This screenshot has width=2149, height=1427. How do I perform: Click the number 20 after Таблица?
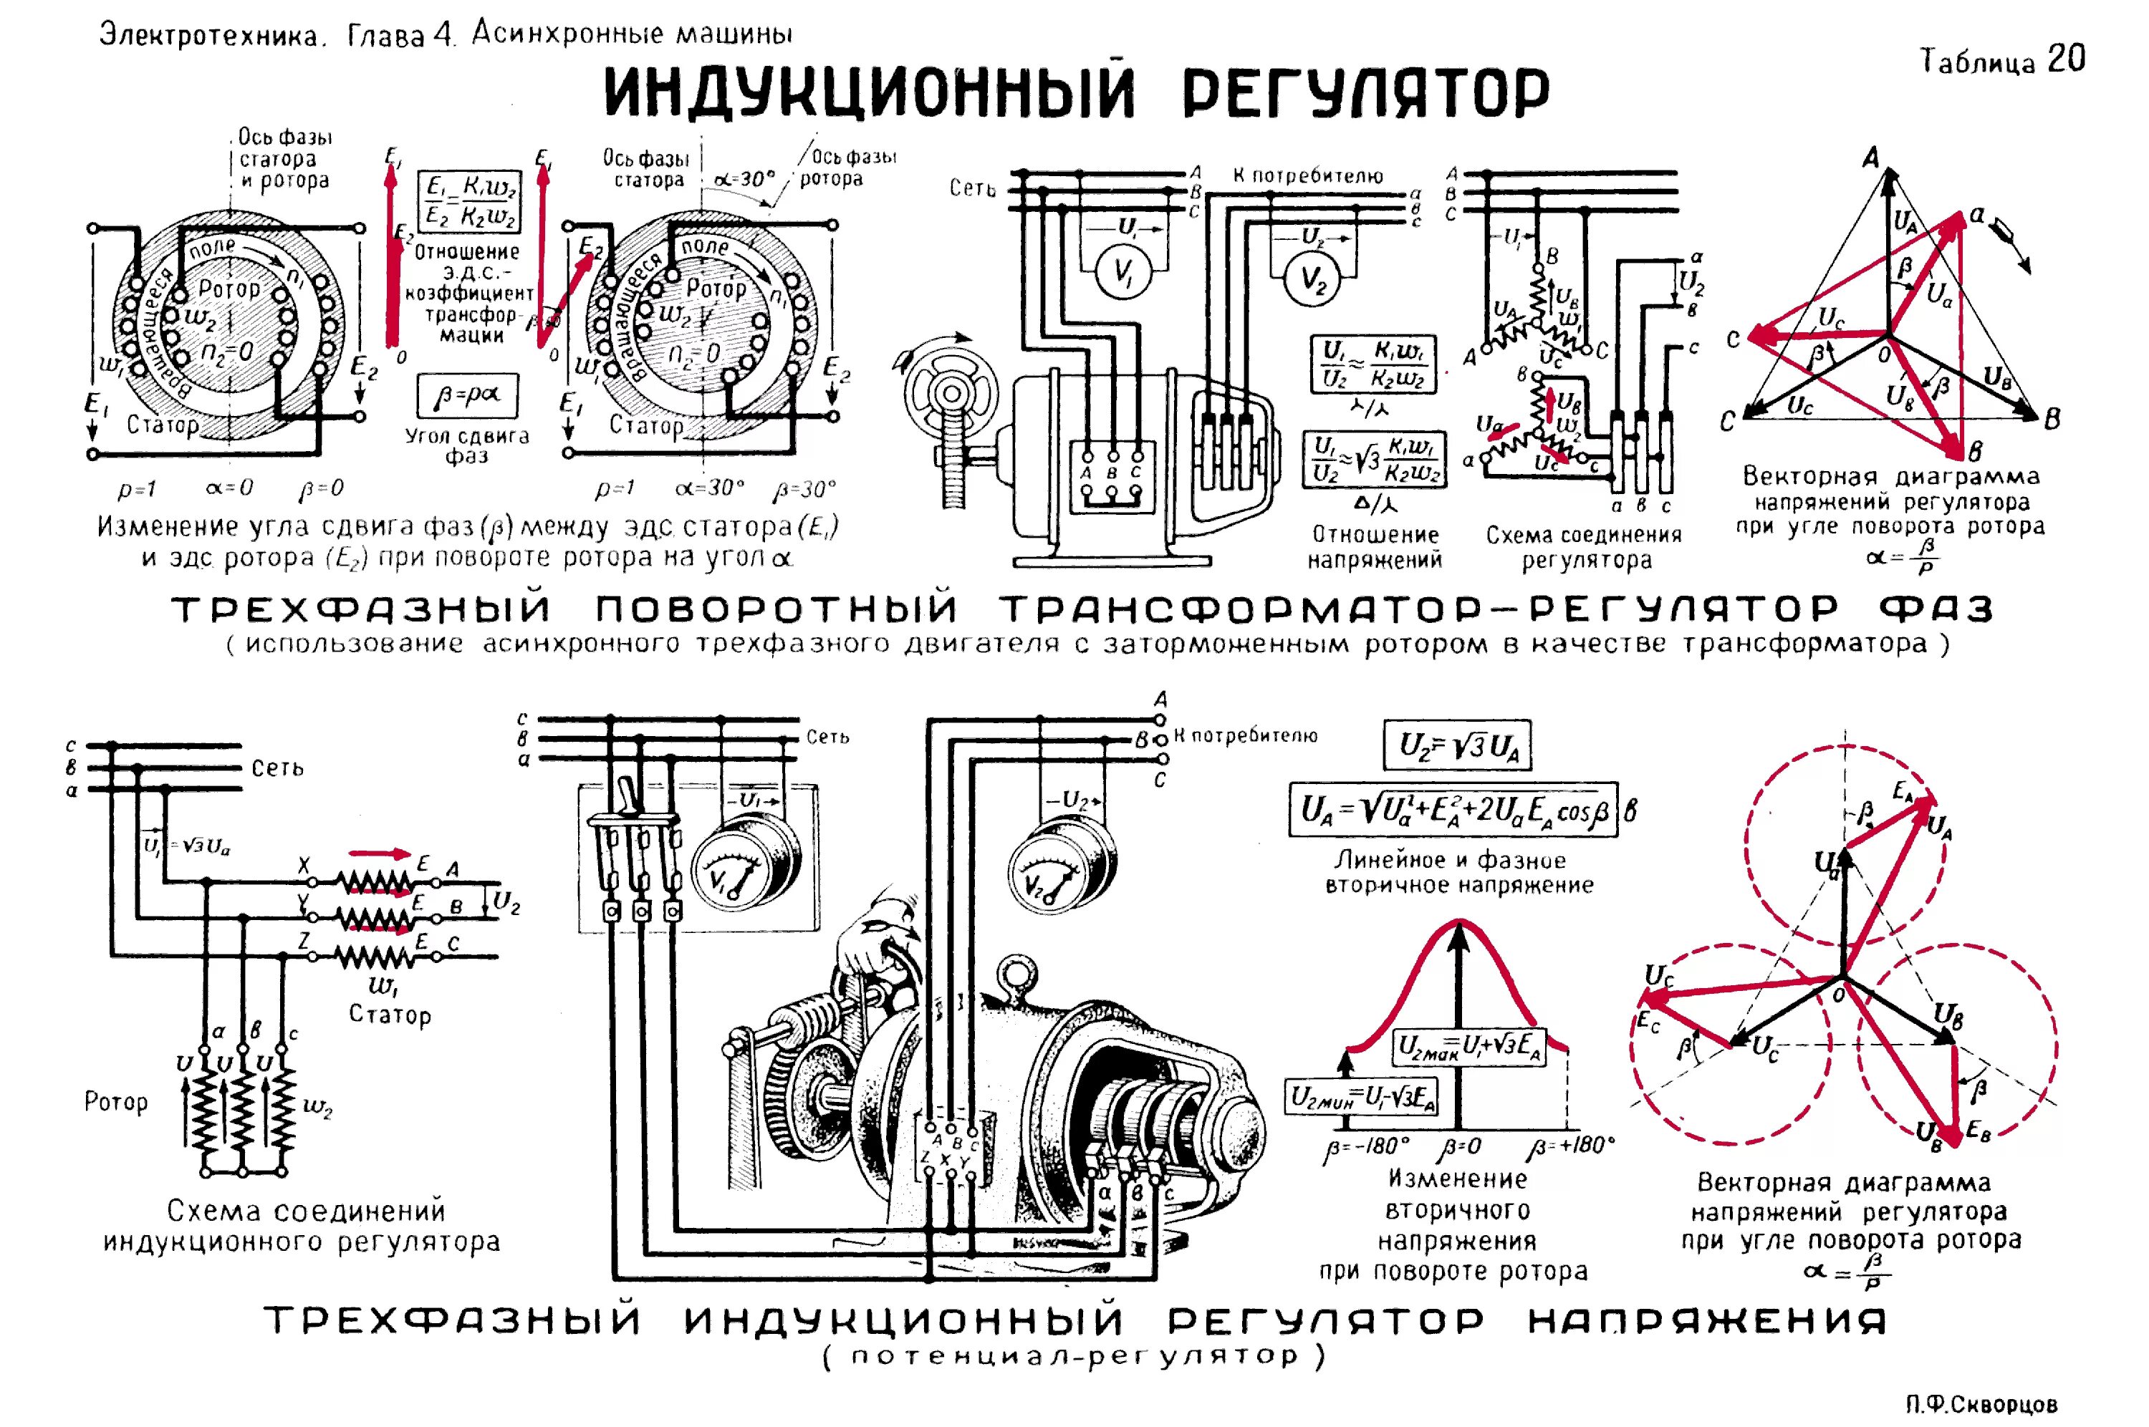pyautogui.click(x=2066, y=59)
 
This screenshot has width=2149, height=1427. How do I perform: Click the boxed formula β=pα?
pyautogui.click(x=467, y=397)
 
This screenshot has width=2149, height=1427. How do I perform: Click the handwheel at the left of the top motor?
pyautogui.click(x=949, y=393)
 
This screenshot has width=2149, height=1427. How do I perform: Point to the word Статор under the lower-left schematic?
pyautogui.click(x=390, y=1015)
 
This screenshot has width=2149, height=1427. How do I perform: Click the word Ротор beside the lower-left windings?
pyautogui.click(x=115, y=1102)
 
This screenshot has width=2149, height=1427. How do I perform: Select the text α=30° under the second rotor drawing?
pyautogui.click(x=711, y=489)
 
